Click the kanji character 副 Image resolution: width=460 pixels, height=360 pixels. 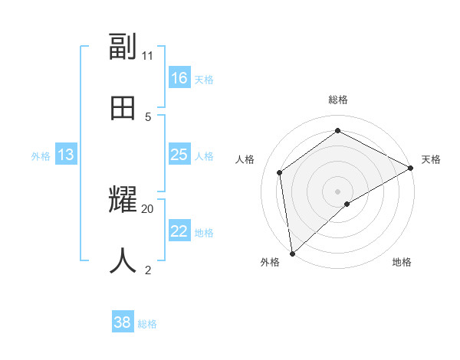tap(123, 47)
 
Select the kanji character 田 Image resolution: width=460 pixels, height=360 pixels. tap(123, 108)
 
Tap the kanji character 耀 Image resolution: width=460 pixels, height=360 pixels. tap(123, 201)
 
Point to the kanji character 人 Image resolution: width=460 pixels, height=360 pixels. tap(123, 261)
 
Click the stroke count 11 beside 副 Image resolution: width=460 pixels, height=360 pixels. tap(148, 55)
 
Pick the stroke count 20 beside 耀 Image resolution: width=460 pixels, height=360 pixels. tap(148, 208)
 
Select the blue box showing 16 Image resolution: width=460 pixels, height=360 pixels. tap(179, 78)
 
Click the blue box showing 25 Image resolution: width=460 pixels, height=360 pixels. tap(179, 155)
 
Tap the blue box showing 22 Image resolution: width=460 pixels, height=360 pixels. tap(179, 231)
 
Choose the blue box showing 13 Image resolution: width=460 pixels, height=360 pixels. tap(66, 155)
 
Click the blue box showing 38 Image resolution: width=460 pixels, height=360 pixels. tap(123, 322)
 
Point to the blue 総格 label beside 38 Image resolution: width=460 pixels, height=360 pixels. tap(147, 324)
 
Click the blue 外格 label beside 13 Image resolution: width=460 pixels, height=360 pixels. tap(41, 156)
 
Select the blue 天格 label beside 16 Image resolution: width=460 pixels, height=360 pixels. tap(204, 80)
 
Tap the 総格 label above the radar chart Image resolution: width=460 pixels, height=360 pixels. tap(338, 100)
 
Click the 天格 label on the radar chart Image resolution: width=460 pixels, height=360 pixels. tap(431, 159)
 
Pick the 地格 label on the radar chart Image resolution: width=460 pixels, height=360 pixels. tap(402, 262)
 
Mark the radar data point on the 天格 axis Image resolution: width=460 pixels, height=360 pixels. tap(411, 168)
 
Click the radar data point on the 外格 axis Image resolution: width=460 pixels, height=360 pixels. tap(292, 254)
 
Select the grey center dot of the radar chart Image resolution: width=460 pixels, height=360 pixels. tap(338, 191)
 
